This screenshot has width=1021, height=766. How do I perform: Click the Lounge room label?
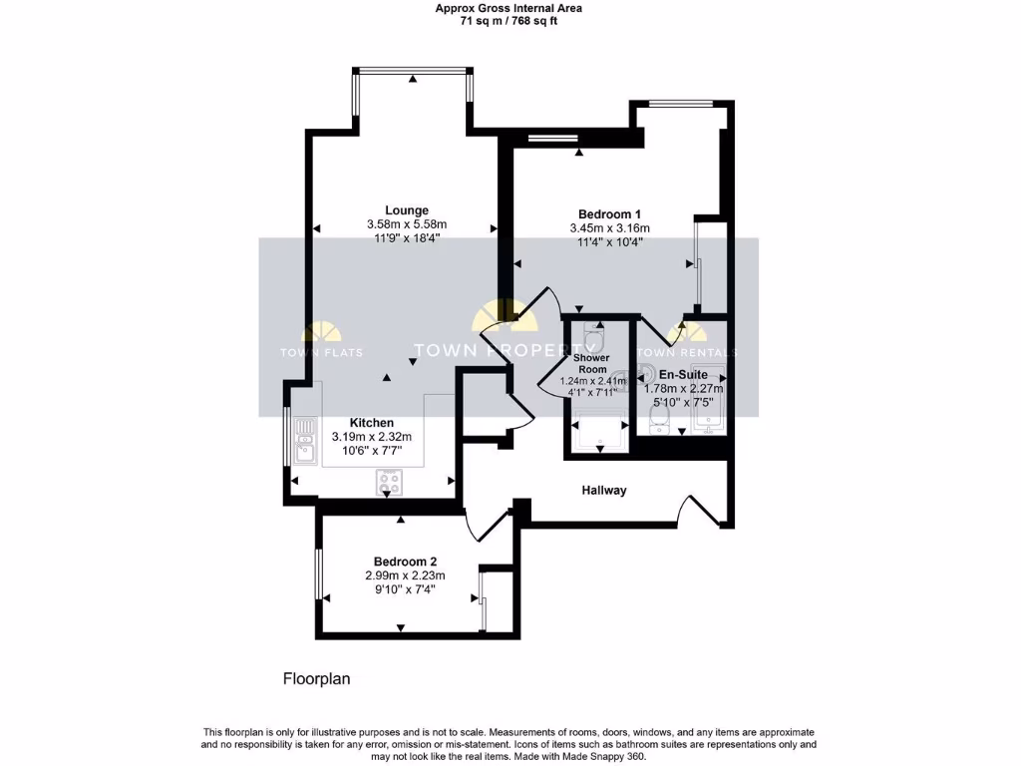(407, 210)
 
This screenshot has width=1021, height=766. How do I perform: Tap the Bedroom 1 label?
(608, 214)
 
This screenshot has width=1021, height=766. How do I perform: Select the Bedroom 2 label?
(405, 562)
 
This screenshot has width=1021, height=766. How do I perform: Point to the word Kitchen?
(371, 423)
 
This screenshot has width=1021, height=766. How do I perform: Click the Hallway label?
(604, 490)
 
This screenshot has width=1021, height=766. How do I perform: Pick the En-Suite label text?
(683, 374)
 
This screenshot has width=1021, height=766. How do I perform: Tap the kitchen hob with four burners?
(390, 483)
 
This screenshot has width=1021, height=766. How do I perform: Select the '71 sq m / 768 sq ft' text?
(510, 21)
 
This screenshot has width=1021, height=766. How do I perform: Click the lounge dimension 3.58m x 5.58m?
(407, 224)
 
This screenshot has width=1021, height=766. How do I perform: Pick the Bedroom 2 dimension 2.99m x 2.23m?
(405, 575)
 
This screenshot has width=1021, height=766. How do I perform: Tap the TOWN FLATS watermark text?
(321, 353)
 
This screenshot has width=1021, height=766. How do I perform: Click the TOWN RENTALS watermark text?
(687, 353)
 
